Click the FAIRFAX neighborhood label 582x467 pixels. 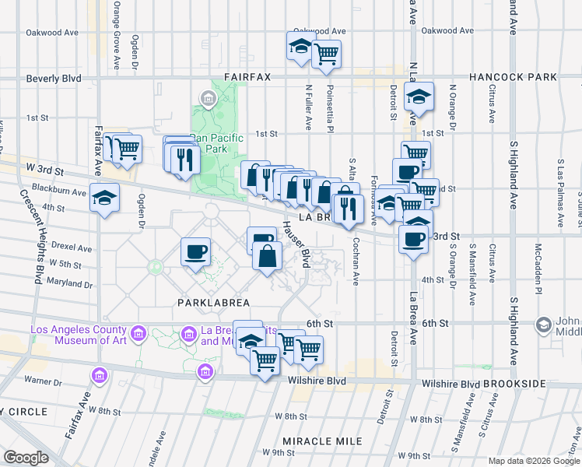[247, 77]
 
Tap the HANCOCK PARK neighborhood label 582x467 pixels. [513, 77]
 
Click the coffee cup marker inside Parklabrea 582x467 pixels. [195, 251]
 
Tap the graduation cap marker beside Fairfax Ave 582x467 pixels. [104, 198]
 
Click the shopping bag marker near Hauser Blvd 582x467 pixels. [267, 255]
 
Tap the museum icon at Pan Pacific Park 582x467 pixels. [208, 99]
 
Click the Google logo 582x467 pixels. [26, 457]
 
